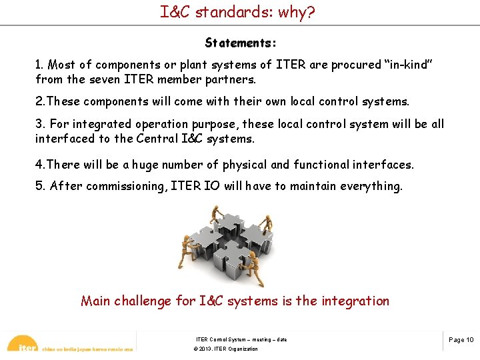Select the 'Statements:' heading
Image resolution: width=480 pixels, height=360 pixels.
tap(241, 43)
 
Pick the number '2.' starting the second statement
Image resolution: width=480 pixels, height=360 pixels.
tap(40, 101)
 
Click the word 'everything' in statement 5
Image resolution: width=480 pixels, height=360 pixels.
tap(371, 186)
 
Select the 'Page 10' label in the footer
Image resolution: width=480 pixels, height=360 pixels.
tap(461, 340)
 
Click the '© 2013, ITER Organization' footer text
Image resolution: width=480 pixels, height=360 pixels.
tap(225, 349)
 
